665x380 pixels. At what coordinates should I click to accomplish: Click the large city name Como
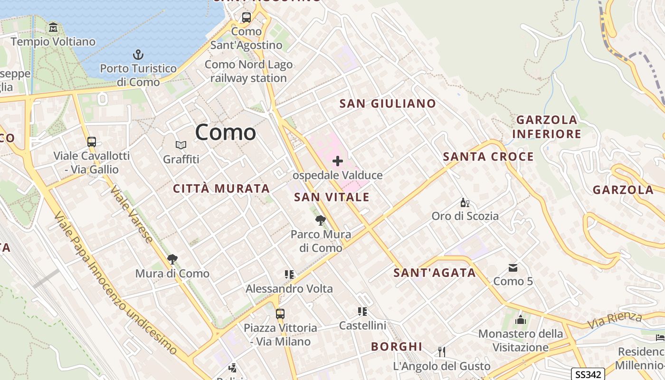click(x=226, y=132)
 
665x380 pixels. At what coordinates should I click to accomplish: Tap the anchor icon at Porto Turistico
click(x=138, y=55)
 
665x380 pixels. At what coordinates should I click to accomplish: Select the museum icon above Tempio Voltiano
click(x=53, y=28)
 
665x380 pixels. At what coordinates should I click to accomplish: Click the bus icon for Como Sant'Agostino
click(x=246, y=18)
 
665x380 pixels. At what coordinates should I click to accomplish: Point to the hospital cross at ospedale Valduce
click(x=338, y=161)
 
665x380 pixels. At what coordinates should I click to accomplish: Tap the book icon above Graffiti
click(x=181, y=145)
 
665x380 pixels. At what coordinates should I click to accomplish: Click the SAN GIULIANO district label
click(x=388, y=104)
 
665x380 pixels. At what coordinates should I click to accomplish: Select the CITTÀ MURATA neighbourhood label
click(x=221, y=189)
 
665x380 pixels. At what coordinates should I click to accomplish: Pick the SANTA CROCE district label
click(x=488, y=157)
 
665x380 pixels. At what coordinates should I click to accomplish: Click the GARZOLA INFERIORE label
click(x=547, y=127)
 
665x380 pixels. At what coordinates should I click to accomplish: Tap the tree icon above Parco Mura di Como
click(x=321, y=220)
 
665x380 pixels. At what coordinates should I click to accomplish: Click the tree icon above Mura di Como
click(x=172, y=259)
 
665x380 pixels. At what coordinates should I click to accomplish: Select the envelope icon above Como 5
click(x=513, y=268)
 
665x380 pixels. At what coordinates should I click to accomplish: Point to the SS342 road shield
click(x=588, y=374)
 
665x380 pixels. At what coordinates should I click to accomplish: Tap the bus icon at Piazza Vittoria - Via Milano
click(x=280, y=313)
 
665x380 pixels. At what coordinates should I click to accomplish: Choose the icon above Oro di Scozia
click(x=465, y=203)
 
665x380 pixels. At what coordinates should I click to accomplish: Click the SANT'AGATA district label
click(x=435, y=273)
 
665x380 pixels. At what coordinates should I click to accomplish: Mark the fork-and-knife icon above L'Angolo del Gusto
click(x=442, y=352)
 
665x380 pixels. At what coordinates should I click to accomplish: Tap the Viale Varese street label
click(x=132, y=215)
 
